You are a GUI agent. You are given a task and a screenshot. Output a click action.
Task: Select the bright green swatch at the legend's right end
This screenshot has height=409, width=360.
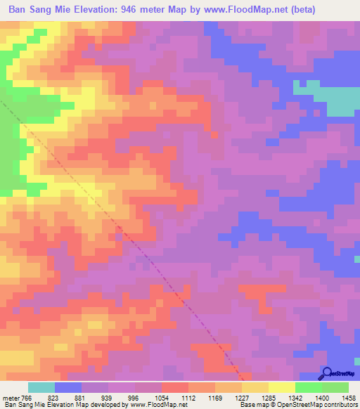[x=335, y=387]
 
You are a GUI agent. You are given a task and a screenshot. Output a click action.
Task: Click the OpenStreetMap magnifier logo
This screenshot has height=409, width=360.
[x=328, y=373]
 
